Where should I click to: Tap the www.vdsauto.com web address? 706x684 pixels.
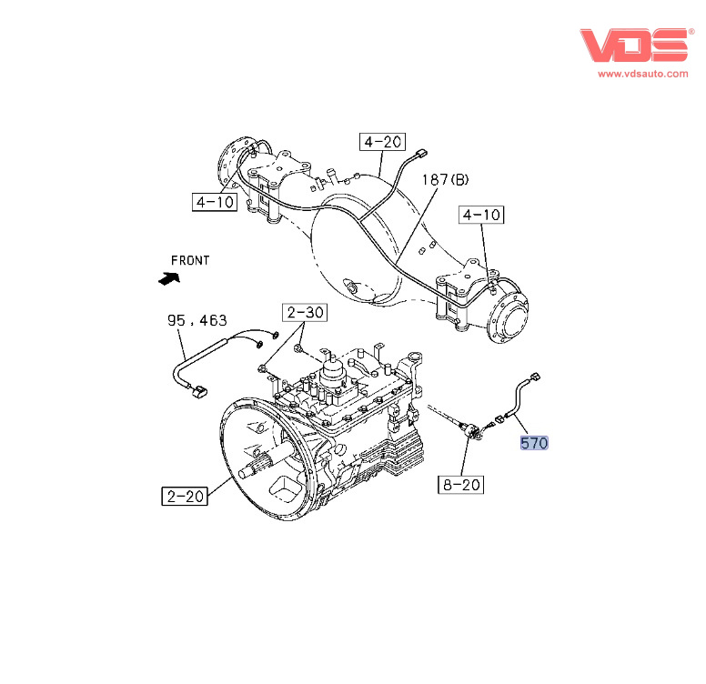[x=642, y=74]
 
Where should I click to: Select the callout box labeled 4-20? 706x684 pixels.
[x=382, y=142]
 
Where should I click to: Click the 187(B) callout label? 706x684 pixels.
[x=445, y=180]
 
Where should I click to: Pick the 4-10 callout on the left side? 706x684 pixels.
[x=215, y=202]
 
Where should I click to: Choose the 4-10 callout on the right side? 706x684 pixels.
[x=481, y=216]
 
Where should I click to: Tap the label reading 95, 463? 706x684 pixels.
[x=197, y=321]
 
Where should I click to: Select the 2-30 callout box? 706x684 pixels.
[x=306, y=313]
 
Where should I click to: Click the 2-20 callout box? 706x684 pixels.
[x=185, y=497]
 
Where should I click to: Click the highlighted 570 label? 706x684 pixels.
[x=534, y=444]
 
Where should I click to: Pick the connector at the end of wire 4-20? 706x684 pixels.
[x=420, y=155]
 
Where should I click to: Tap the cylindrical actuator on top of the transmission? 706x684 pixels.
[x=333, y=371]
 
